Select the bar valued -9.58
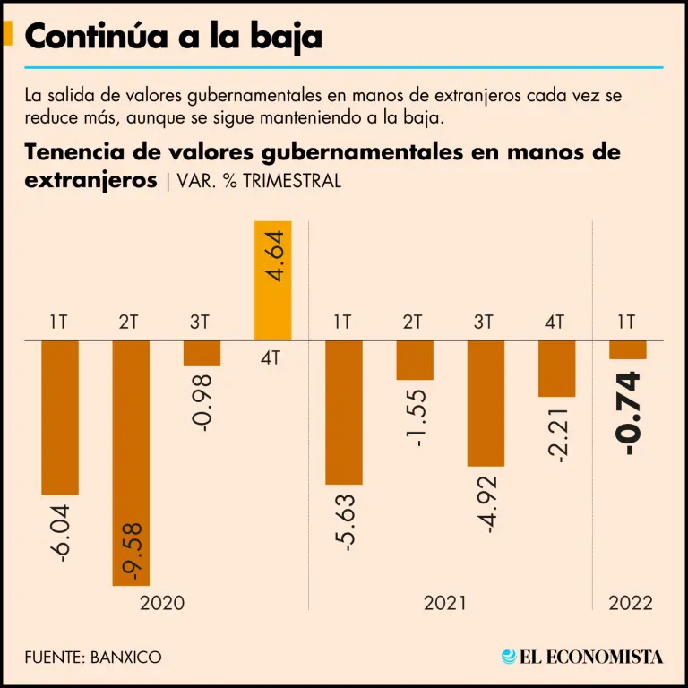pyautogui.click(x=131, y=462)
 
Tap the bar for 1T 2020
pyautogui.click(x=60, y=417)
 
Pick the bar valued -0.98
pyautogui.click(x=202, y=353)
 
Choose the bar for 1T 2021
pyautogui.click(x=343, y=412)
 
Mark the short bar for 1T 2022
pyautogui.click(x=627, y=350)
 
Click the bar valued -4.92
pyautogui.click(x=485, y=403)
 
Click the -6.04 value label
pyautogui.click(x=60, y=534)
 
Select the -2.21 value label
pyautogui.click(x=556, y=434)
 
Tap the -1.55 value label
pyautogui.click(x=415, y=417)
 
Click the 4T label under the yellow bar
pyautogui.click(x=272, y=357)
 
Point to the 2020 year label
pyautogui.click(x=162, y=603)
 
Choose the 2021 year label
pyautogui.click(x=445, y=603)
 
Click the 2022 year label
pyautogui.click(x=630, y=603)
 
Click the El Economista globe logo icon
pyautogui.click(x=510, y=657)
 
